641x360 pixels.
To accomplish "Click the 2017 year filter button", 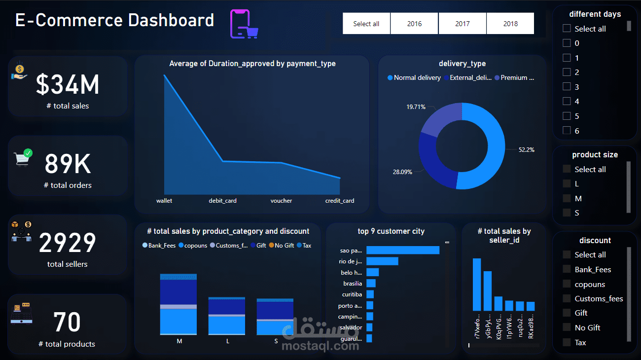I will [x=462, y=24].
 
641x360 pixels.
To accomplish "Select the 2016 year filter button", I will [x=414, y=24].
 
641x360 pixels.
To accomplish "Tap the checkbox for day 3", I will [x=567, y=87].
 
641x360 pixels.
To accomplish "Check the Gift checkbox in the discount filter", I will [x=567, y=313].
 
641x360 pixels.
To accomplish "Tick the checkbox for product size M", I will [x=567, y=198].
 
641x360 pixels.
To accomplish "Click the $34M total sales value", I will [x=68, y=84].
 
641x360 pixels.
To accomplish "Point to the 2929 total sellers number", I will [x=68, y=243].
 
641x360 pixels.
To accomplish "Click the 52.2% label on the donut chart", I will [x=526, y=149].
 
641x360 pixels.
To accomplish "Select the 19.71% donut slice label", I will [x=416, y=107].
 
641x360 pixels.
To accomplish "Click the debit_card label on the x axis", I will [x=222, y=201].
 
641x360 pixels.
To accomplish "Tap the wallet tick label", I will [x=164, y=201].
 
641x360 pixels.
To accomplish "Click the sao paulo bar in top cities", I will [x=403, y=251].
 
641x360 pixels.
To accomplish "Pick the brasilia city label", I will [x=353, y=284].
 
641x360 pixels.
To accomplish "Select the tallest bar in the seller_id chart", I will [x=476, y=285].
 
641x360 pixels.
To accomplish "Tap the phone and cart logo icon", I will [x=245, y=24].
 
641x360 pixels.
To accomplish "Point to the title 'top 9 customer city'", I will [x=391, y=231].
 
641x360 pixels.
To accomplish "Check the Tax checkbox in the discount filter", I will [x=567, y=342].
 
